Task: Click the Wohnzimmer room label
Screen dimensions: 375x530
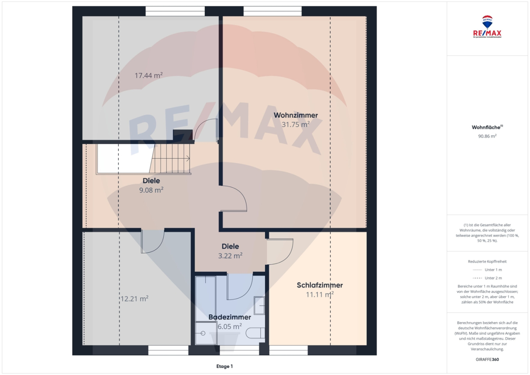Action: click(x=296, y=115)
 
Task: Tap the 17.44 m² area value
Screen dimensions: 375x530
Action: click(x=148, y=75)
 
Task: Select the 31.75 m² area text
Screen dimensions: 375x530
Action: click(x=296, y=124)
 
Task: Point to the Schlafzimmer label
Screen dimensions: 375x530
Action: click(x=320, y=285)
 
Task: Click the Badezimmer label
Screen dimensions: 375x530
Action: click(x=229, y=317)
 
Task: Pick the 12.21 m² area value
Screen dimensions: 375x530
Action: click(x=134, y=298)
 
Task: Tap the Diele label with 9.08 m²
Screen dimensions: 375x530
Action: click(x=151, y=181)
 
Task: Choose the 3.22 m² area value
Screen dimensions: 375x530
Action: click(x=230, y=256)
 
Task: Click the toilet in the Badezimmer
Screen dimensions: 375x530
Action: click(x=255, y=333)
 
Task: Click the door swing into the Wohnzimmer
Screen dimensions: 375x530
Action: click(x=234, y=199)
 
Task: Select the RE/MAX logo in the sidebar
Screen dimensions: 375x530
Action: click(x=487, y=27)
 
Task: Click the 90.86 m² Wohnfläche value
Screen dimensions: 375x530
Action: click(x=487, y=135)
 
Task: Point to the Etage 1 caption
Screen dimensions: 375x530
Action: click(x=224, y=366)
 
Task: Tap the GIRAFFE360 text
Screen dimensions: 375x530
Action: click(x=487, y=359)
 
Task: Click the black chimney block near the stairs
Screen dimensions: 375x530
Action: click(x=183, y=135)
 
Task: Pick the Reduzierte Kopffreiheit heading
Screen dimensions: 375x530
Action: click(x=487, y=261)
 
